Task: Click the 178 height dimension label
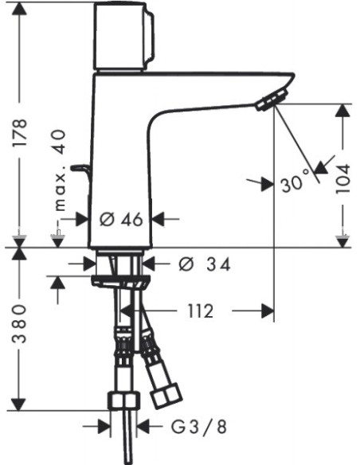coord(20,132)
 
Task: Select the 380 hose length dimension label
coord(20,324)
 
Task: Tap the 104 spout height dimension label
coord(343,179)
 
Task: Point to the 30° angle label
coord(295,182)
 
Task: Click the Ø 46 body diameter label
coord(121,220)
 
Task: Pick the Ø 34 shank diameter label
coord(205,264)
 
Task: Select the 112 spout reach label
coord(201,311)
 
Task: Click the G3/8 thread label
coord(199,427)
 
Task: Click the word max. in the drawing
coord(61,192)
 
